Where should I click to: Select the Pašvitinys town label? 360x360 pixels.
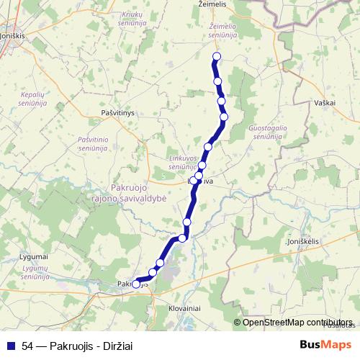click(x=119, y=113)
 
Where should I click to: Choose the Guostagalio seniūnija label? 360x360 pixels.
click(x=267, y=132)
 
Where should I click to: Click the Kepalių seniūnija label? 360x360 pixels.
click(x=33, y=99)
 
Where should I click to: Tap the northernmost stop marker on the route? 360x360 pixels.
click(x=216, y=57)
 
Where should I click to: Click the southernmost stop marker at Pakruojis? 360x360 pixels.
click(x=136, y=284)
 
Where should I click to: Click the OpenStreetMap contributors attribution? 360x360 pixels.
click(x=297, y=323)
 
